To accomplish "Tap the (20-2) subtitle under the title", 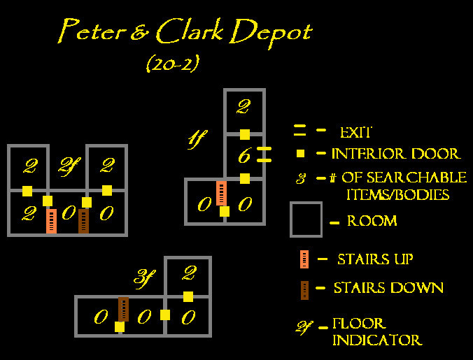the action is click(x=173, y=64).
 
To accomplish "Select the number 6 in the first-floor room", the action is click(x=244, y=155).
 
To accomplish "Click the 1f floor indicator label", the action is click(x=198, y=139).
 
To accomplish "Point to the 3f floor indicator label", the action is click(x=145, y=279).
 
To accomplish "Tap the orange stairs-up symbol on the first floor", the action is click(x=221, y=193).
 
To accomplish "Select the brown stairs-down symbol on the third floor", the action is click(x=123, y=309).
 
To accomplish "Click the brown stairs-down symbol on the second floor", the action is click(x=83, y=221).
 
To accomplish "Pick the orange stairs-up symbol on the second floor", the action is click(x=52, y=221).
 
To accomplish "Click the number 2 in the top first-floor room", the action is click(x=243, y=107).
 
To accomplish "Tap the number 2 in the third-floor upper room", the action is click(x=189, y=273).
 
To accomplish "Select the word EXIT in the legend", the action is click(x=356, y=132).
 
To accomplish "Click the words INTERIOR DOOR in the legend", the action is click(x=396, y=154).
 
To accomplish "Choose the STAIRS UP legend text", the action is click(x=375, y=259).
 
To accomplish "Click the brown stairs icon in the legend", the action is click(x=304, y=290).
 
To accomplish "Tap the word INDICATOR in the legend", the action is click(x=377, y=340).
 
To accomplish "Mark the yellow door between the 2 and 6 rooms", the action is click(x=245, y=134).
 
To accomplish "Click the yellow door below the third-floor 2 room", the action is click(x=188, y=296).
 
